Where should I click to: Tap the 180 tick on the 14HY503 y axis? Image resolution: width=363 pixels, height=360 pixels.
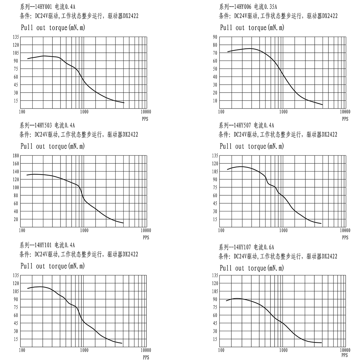[15, 155]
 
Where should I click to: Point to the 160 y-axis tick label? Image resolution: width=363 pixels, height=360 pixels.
[15, 163]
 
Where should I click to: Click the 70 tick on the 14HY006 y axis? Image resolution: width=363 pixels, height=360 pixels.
[215, 53]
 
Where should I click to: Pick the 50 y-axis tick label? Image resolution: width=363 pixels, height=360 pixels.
[215, 69]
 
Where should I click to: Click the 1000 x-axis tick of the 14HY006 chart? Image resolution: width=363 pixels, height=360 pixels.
[283, 112]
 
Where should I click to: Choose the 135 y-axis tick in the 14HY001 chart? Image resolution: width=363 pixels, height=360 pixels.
[16, 37]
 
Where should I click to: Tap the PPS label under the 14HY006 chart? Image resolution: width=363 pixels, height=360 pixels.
[345, 119]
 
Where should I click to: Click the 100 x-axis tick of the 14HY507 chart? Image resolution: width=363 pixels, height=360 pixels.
[221, 231]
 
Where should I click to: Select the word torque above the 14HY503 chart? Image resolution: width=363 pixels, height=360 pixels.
[58, 146]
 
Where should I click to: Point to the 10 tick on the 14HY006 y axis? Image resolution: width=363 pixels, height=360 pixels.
[215, 101]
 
